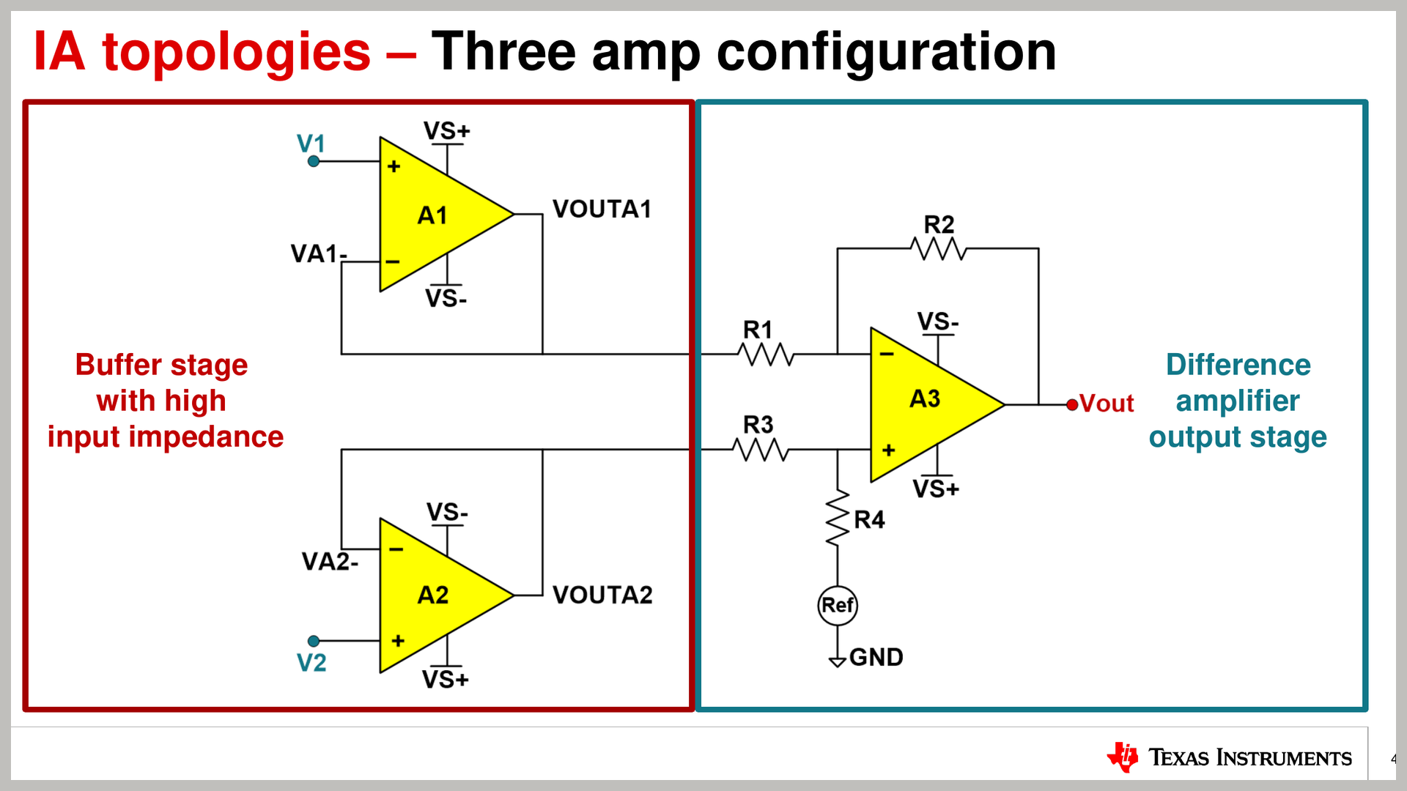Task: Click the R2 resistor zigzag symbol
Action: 939,250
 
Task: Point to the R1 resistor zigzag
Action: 766,354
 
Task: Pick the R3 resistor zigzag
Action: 761,450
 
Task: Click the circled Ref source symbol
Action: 838,606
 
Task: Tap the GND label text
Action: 876,657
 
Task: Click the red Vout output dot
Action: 1072,404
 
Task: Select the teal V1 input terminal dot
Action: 314,161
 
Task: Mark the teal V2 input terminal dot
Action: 314,641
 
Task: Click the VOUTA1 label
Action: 602,209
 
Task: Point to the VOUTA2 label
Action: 602,595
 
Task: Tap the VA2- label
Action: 330,562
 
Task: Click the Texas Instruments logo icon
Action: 1123,757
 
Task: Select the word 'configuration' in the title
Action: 886,53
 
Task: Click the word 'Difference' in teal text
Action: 1238,365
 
